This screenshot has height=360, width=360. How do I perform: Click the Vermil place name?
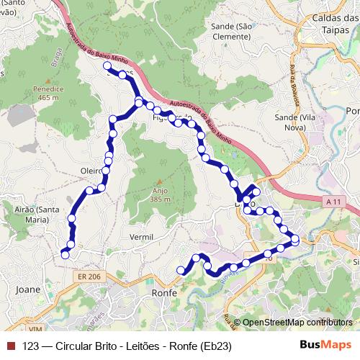point(140,237)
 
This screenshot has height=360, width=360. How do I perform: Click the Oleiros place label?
point(92,171)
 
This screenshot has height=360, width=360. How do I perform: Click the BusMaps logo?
point(325,345)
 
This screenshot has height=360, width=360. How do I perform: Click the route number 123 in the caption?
point(31,346)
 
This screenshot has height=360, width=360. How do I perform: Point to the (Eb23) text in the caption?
point(215,346)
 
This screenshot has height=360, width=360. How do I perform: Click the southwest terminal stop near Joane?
point(65,254)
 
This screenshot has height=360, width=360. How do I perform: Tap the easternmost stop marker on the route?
point(295,240)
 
